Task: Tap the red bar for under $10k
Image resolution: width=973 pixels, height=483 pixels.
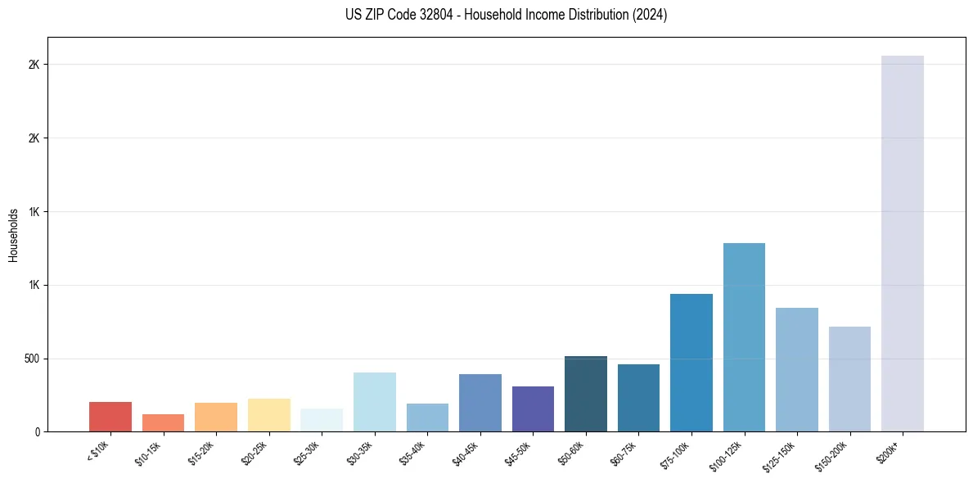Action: click(x=110, y=417)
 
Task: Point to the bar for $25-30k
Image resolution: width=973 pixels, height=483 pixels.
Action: click(x=322, y=420)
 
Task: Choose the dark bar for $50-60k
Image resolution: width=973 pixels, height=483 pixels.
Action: click(x=586, y=394)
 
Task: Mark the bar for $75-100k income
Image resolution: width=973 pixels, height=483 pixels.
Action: click(x=691, y=363)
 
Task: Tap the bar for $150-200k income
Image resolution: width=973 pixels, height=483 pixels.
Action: click(x=849, y=379)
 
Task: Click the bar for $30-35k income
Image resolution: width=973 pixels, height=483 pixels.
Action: click(x=374, y=402)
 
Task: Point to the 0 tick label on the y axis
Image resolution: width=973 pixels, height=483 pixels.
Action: click(x=37, y=431)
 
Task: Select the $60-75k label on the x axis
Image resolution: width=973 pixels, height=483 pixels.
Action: click(x=625, y=453)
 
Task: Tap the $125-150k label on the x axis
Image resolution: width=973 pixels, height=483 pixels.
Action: click(x=782, y=454)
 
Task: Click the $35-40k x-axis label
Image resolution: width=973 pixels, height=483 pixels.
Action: click(x=414, y=453)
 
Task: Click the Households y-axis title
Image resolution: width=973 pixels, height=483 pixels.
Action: click(x=13, y=234)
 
